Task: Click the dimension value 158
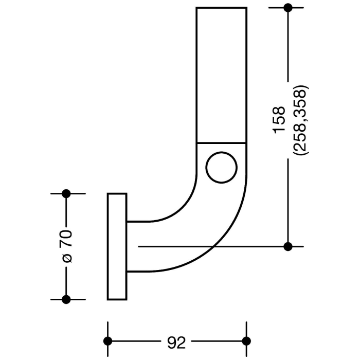pos(279,120)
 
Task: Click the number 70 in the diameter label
pos(67,239)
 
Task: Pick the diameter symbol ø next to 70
pos(67,257)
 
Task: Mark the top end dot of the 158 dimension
pos(288,8)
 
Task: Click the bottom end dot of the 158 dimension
pos(288,246)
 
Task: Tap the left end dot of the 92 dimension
pos(107,341)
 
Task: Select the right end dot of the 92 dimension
pos(246,341)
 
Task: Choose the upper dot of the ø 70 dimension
pos(66,193)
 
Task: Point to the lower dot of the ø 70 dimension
pos(66,299)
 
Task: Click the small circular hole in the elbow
pos(222,167)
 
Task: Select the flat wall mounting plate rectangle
pos(117,246)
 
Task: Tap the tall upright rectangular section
pos(222,75)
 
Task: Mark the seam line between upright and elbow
pos(222,142)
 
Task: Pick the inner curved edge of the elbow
pos(185,208)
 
